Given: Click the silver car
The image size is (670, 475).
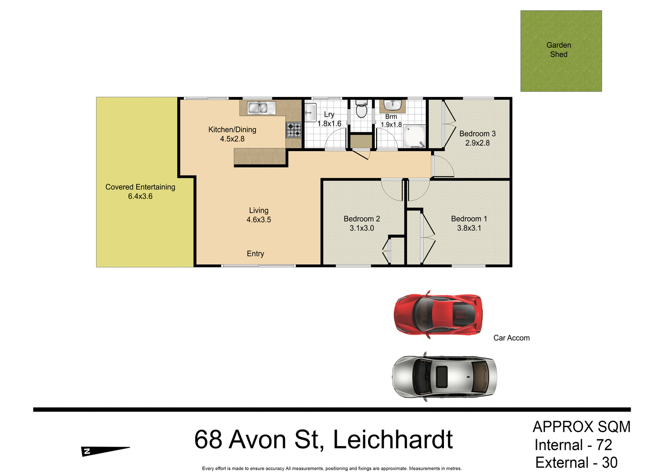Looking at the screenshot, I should [444, 377].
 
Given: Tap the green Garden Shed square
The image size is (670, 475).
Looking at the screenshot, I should [561, 51].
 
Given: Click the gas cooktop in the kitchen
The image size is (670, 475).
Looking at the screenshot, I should [293, 130].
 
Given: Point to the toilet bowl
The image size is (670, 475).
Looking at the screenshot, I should [361, 110].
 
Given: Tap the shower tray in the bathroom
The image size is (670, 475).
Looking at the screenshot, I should [415, 136].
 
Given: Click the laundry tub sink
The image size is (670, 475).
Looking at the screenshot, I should [310, 112].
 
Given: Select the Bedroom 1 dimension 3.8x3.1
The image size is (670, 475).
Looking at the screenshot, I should [469, 228].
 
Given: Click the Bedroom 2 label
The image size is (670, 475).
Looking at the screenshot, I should [362, 219].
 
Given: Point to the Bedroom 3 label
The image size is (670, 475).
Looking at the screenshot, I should [477, 134].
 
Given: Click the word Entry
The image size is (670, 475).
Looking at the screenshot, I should [255, 254].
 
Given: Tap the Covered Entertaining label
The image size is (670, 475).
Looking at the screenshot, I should [140, 187].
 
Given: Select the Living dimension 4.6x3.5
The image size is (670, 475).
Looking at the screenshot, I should [259, 220].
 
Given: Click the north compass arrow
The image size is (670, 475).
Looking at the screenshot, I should [105, 451].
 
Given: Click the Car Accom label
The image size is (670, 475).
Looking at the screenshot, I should [511, 338].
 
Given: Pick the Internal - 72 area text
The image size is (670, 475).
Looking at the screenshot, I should [573, 445].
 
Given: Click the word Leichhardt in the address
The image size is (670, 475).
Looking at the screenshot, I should [393, 440].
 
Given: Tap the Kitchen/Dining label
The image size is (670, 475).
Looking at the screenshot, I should [232, 130].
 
